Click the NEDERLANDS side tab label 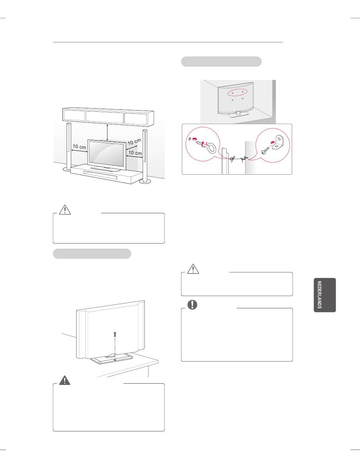319,295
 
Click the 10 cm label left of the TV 79,147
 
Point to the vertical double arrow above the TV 107,132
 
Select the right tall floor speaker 145,156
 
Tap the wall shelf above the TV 108,117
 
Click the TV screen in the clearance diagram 106,155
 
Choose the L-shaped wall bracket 278,142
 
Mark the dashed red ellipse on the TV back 238,92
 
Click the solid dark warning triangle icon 65,380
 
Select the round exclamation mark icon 193,305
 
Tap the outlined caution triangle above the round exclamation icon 193,269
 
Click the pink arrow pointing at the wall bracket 273,142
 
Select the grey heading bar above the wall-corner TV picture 221,61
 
